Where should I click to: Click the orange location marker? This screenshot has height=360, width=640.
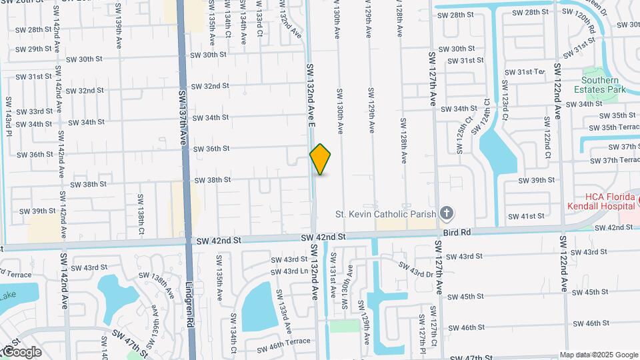tap(320, 159)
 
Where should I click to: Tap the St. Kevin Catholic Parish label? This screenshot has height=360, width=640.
tap(385, 214)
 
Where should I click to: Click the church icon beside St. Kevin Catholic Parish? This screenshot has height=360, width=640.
tap(447, 214)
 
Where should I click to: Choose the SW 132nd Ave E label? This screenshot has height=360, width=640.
tap(311, 97)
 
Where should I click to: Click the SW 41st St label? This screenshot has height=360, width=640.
tap(526, 217)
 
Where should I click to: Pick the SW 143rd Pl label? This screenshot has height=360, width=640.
tap(9, 113)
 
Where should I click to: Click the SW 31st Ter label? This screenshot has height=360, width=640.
tap(525, 72)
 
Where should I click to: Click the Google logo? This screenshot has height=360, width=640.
tap(21, 351)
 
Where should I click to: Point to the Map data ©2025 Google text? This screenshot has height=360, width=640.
tap(598, 355)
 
